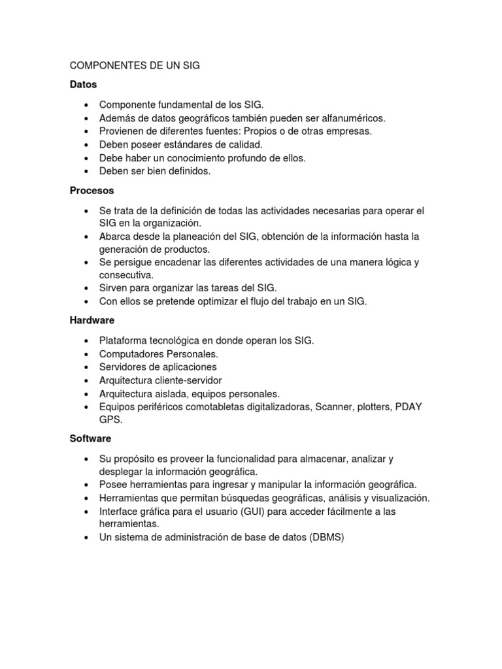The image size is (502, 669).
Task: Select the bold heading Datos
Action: point(83,84)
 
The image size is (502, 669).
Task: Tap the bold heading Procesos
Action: point(92,191)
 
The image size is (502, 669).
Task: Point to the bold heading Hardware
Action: point(92,320)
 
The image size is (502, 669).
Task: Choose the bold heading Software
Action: point(91,438)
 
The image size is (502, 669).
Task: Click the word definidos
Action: point(188,171)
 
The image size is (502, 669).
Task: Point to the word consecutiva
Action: point(126,275)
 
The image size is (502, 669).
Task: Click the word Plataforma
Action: point(123,340)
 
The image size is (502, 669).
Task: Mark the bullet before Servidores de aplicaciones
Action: point(86,367)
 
